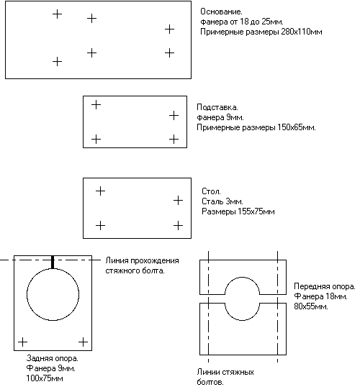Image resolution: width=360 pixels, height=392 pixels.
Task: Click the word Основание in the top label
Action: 221,12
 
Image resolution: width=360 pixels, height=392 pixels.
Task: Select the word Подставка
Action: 217,107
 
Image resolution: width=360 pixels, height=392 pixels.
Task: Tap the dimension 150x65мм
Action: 296,128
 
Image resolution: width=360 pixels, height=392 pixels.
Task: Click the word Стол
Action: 211,191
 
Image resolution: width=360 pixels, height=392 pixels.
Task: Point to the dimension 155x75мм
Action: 256,211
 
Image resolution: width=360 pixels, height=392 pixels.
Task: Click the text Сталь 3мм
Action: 222,201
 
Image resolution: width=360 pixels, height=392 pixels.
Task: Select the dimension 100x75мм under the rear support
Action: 45,378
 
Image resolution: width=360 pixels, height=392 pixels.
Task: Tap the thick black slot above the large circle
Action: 53,262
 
